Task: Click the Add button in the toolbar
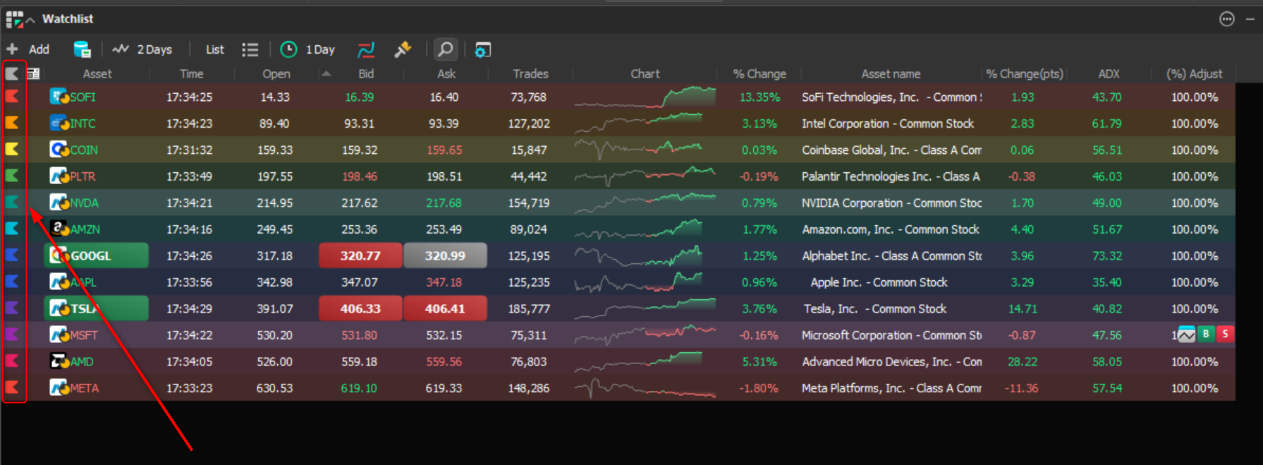28,49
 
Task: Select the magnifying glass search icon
446,49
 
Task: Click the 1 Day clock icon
288,49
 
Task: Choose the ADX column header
1109,73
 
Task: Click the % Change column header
759,73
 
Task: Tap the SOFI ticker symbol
83,97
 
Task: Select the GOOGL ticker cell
97,255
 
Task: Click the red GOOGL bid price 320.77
360,255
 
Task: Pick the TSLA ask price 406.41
445,309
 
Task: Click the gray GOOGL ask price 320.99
445,255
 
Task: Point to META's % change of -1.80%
759,388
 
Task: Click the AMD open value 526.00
274,362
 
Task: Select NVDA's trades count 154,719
529,203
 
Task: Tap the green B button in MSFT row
1206,334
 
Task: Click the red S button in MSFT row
1226,334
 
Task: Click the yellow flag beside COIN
12,150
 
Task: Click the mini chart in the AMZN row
638,229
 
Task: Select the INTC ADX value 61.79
1107,123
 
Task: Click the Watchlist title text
68,19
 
